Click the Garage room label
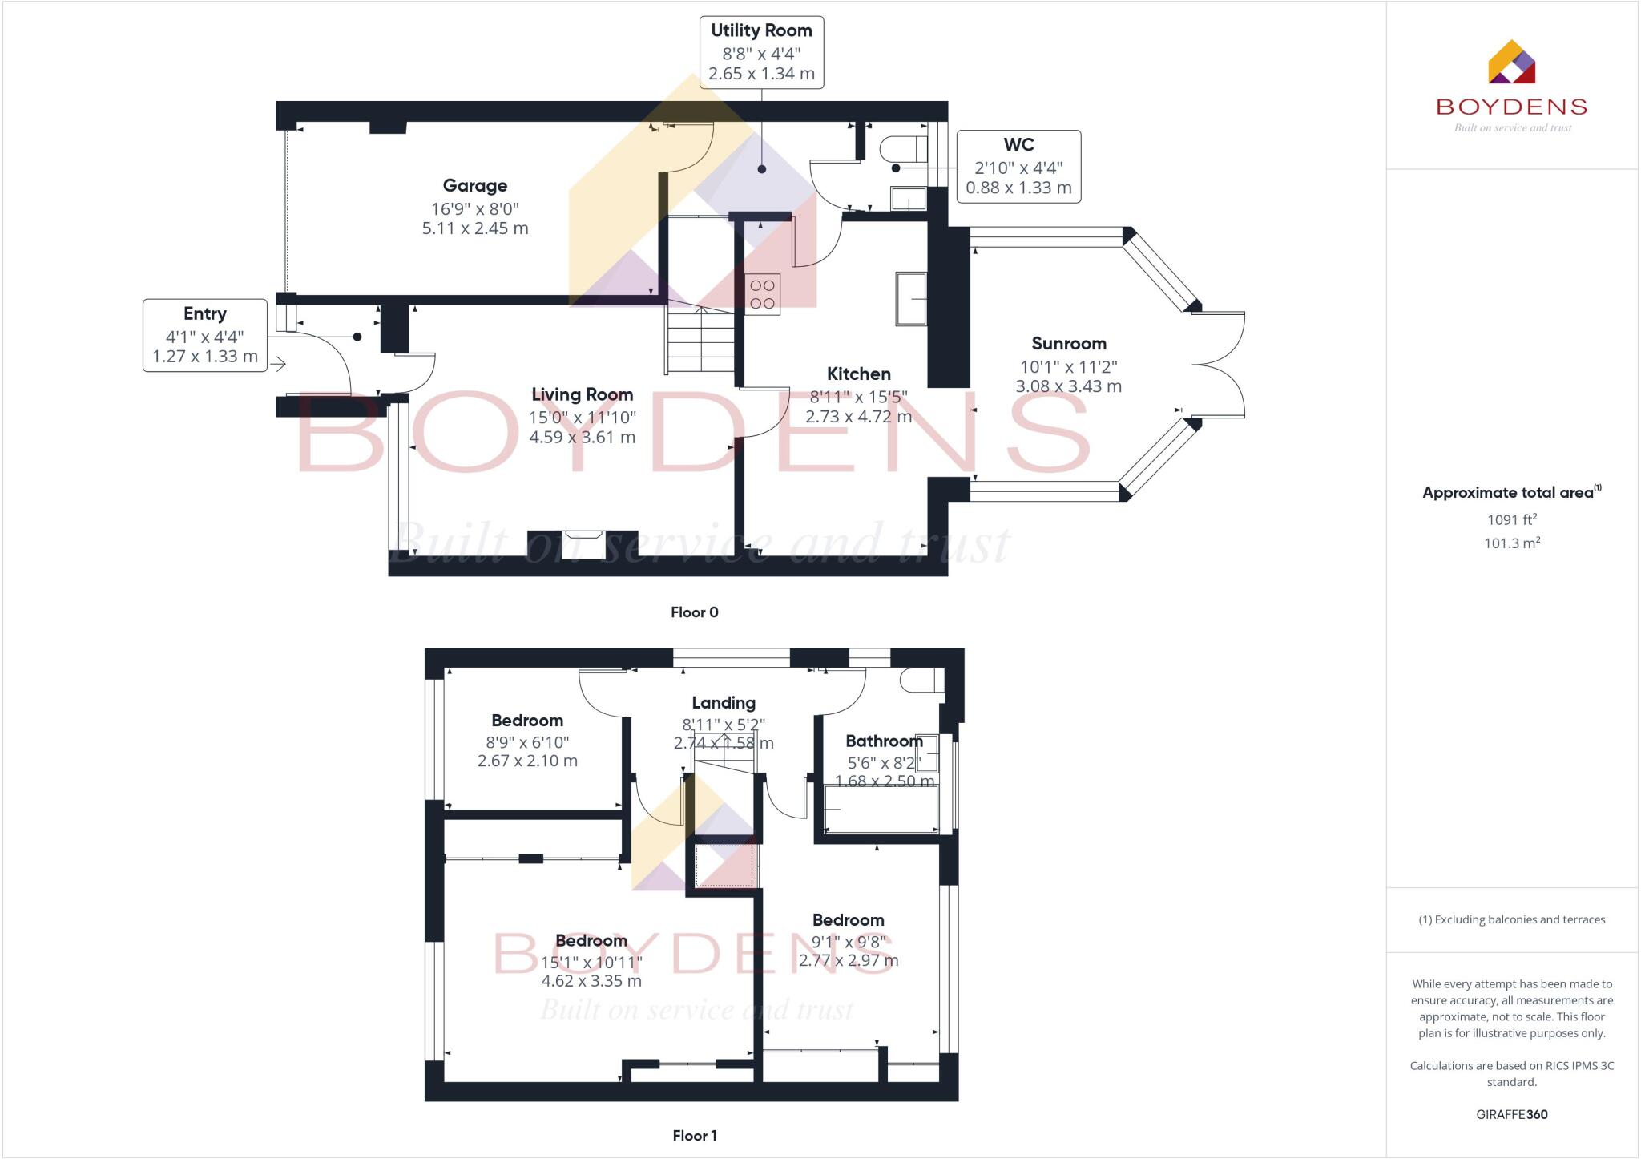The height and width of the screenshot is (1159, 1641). point(475,186)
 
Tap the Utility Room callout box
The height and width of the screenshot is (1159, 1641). point(761,52)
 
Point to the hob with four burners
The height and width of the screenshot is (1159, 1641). point(762,294)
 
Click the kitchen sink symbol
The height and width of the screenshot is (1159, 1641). point(911,299)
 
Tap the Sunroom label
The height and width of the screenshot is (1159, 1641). point(1069,344)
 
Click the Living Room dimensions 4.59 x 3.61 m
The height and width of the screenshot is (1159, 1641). point(582,438)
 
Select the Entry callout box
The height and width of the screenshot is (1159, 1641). point(205,335)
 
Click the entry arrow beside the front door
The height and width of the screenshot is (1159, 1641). point(278,365)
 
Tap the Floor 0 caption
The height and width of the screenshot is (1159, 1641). point(694,612)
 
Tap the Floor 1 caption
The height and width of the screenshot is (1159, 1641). point(694,1136)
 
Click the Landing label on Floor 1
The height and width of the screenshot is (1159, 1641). point(724,703)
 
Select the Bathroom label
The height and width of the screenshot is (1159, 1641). point(884,741)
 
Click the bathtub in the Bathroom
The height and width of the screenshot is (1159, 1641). point(881,810)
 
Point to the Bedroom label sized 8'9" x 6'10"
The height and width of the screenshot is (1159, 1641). point(527,721)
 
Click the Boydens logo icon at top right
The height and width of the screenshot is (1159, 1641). point(1511,63)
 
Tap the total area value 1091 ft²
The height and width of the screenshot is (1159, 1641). point(1511,519)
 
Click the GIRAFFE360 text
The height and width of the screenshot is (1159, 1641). point(1511,1114)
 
